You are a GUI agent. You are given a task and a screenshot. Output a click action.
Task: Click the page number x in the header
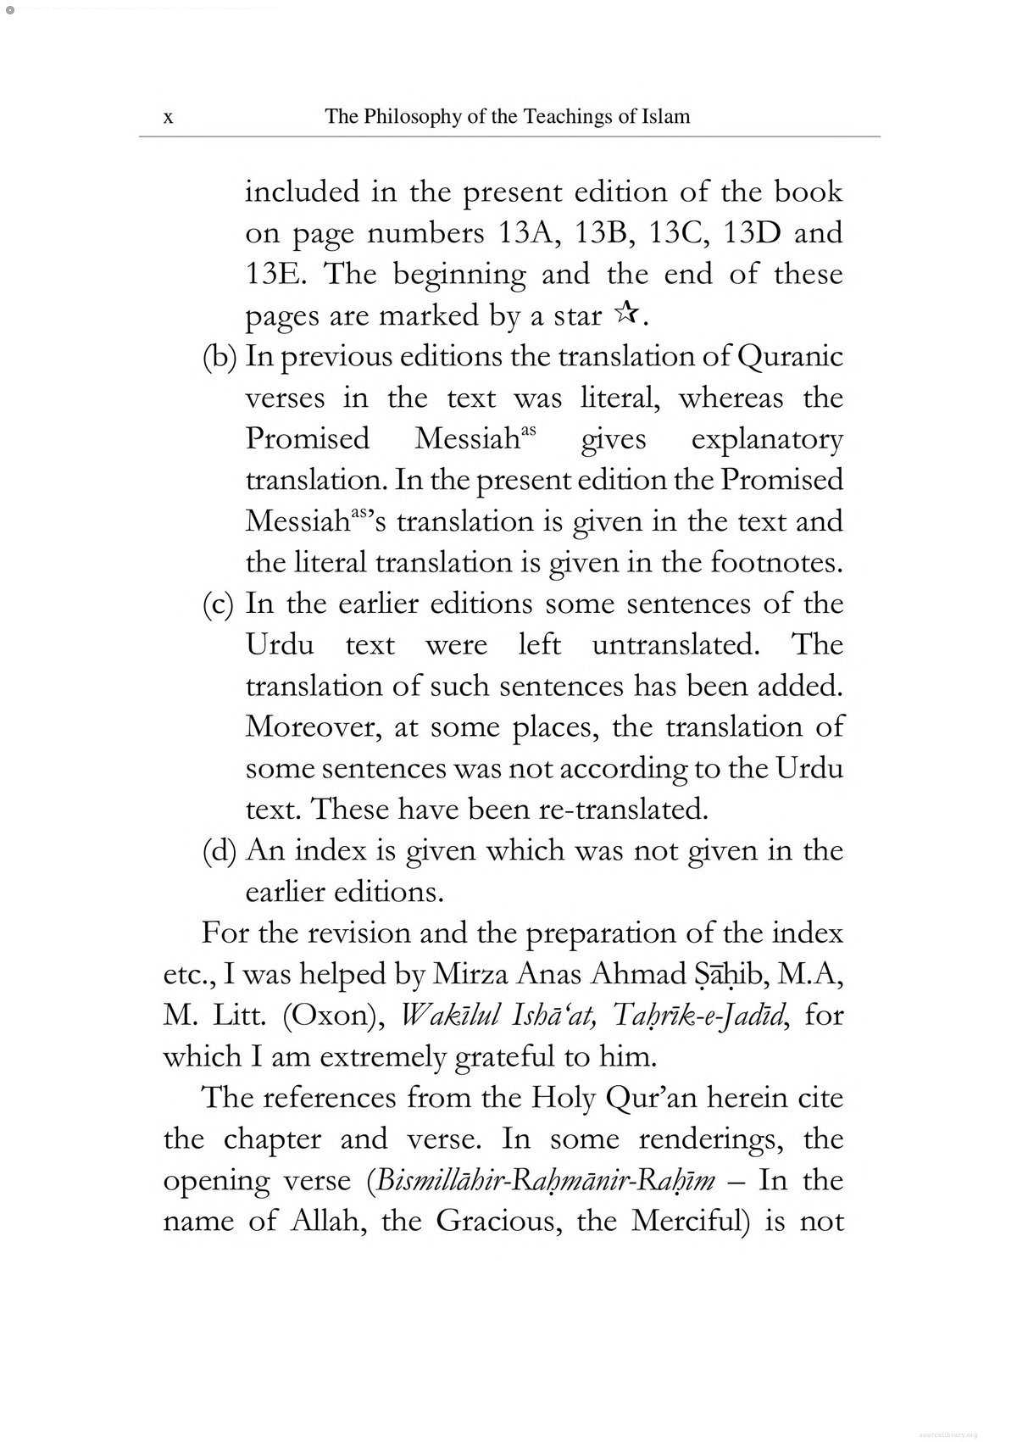(x=169, y=118)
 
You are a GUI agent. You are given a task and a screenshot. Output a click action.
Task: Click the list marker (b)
(x=220, y=357)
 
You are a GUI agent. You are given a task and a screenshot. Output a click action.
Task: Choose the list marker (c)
(x=220, y=604)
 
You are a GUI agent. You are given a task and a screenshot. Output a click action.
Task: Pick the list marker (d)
(x=220, y=851)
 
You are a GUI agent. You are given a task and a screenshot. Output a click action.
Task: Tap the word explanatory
(x=767, y=439)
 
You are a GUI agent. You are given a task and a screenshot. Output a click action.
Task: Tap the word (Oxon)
(x=329, y=1016)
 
